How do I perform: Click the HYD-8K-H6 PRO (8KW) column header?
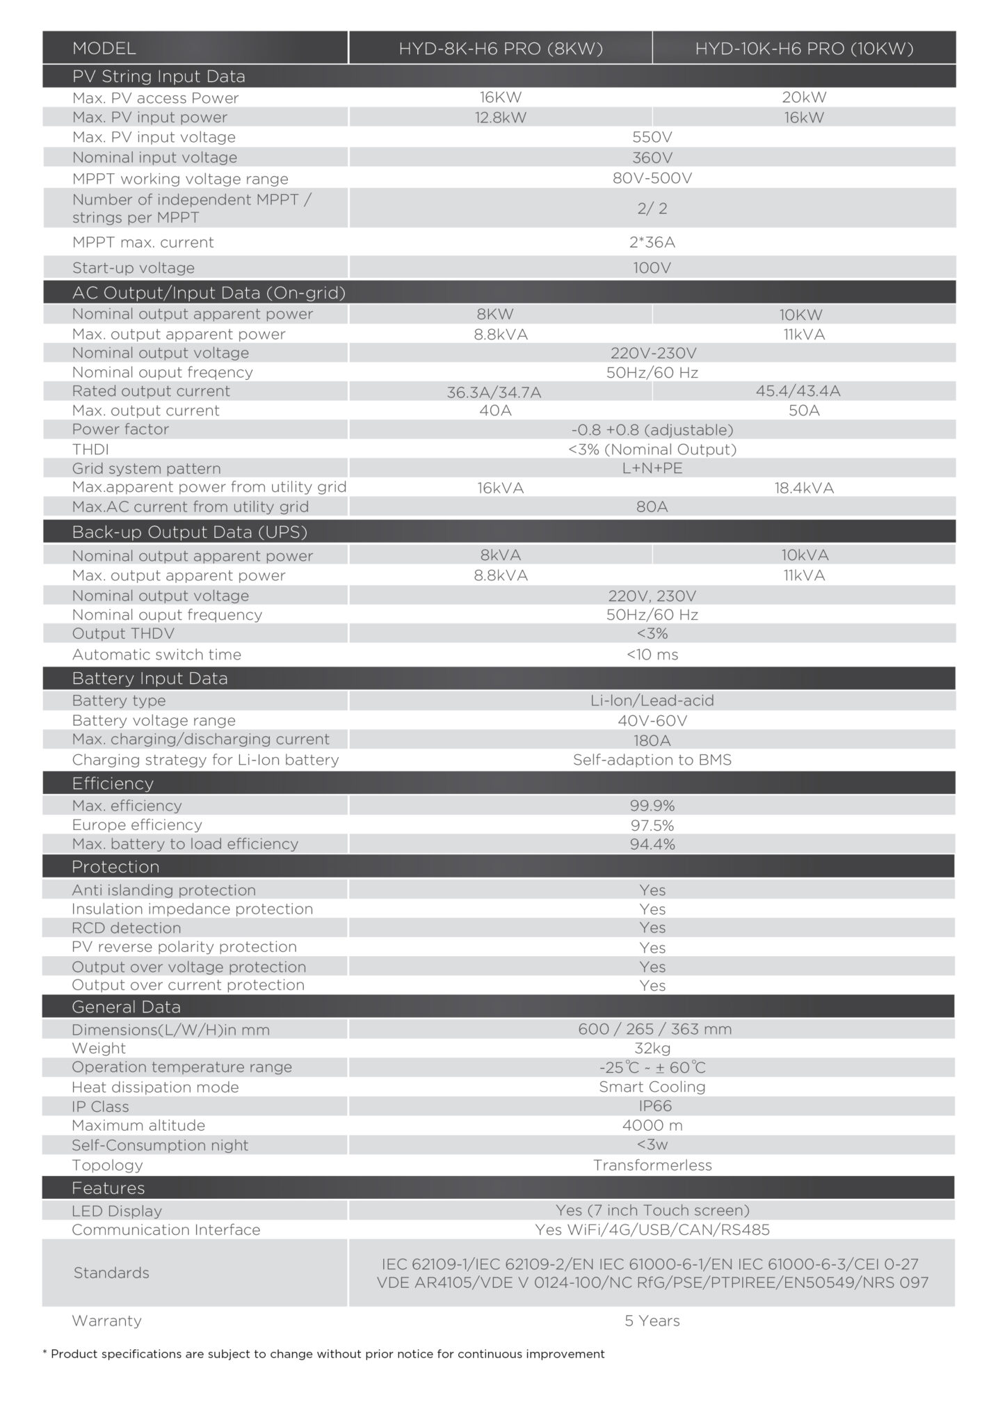pos(501,48)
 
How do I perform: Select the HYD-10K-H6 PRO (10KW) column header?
pos(804,48)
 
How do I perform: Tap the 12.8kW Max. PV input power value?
pos(501,118)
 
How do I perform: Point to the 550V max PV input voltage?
pos(652,137)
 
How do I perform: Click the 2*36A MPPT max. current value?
pos(652,242)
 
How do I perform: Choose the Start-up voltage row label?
pos(134,268)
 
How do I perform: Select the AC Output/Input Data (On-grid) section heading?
pos(209,292)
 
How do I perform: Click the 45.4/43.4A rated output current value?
pos(798,391)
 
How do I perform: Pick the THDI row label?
pos(90,449)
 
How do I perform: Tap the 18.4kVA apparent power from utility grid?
pos(804,488)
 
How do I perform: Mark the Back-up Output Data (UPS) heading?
pos(190,532)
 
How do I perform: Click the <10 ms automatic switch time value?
pos(652,655)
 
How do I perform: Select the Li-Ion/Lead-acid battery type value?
pos(652,701)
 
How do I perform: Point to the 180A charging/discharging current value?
pos(652,740)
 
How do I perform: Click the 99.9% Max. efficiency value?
pos(652,806)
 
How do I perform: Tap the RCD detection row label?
pos(127,928)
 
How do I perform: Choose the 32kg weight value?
pos(652,1049)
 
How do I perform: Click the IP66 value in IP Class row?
pos(652,1106)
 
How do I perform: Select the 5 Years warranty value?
pos(652,1321)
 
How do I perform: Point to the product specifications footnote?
pos(323,1354)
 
